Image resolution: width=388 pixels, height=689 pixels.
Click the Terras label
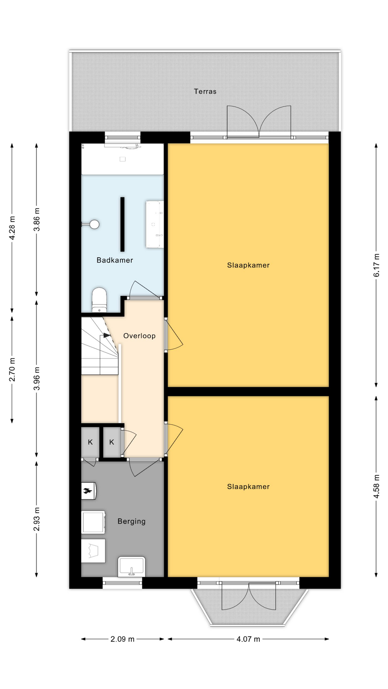(x=205, y=92)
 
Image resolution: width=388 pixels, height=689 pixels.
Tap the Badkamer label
(x=115, y=260)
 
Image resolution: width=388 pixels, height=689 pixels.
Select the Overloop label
(x=139, y=336)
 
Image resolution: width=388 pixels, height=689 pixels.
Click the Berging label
(x=131, y=521)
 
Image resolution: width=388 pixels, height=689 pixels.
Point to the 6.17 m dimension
(x=376, y=265)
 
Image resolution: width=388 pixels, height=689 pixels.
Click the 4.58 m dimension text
(x=376, y=486)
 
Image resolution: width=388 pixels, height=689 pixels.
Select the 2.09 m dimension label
(x=123, y=639)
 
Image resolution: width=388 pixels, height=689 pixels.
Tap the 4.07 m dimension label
(x=248, y=639)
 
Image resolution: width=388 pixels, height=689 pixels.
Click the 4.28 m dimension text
(x=12, y=228)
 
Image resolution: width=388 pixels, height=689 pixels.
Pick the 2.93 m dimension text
(x=36, y=519)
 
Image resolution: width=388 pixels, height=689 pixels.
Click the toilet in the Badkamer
(x=99, y=300)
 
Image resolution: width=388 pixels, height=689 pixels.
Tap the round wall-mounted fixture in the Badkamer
(x=94, y=224)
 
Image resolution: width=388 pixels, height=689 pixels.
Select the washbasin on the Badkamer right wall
(x=154, y=225)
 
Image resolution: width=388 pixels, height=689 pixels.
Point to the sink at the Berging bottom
(x=131, y=567)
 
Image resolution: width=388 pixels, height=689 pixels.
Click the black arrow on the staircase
(x=107, y=336)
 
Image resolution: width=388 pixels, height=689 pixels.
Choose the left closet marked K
(x=90, y=442)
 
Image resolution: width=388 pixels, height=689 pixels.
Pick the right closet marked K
(x=112, y=442)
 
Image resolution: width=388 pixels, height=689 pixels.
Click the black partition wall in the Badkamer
(x=122, y=224)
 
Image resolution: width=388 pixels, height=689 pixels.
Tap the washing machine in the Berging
(x=93, y=522)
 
